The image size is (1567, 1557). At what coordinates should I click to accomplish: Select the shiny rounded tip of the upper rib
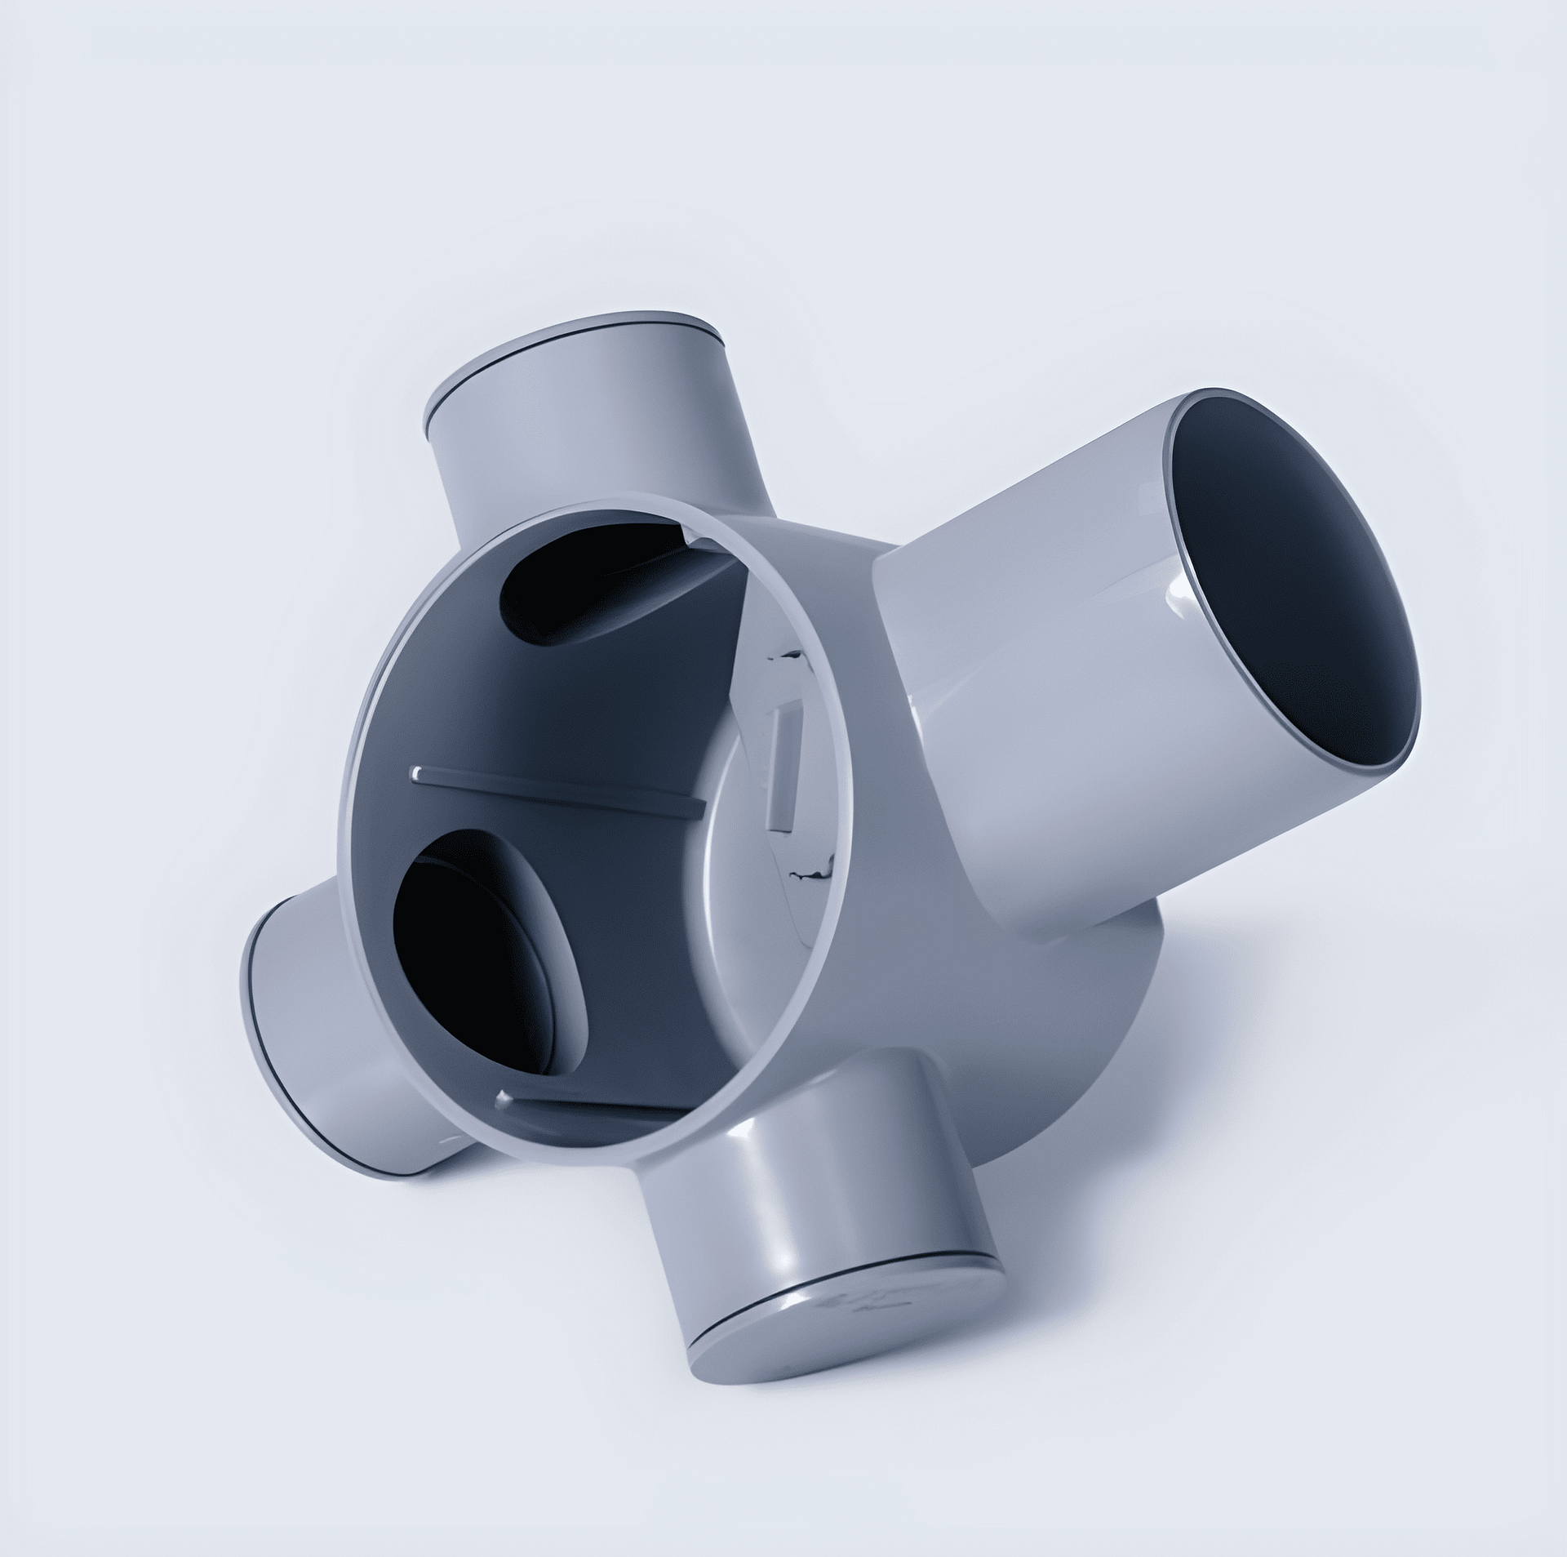click(418, 772)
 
